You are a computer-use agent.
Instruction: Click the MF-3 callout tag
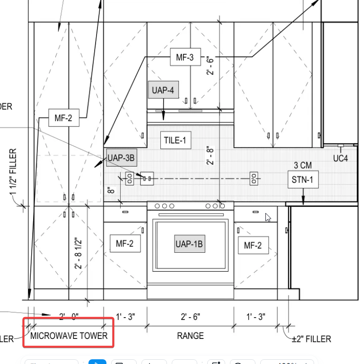[184, 58]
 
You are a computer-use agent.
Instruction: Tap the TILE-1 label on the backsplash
[176, 140]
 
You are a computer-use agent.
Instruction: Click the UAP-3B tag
[121, 158]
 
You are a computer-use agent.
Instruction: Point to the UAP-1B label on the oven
[189, 244]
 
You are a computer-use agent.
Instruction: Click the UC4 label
[340, 158]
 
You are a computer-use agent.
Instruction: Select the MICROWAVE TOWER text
[69, 336]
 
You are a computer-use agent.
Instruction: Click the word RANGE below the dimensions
[190, 336]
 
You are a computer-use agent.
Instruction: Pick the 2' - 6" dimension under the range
[190, 316]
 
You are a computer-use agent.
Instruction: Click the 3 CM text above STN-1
[303, 165]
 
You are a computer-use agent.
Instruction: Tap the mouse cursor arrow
[268, 218]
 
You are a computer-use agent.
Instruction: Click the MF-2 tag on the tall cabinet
[63, 118]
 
